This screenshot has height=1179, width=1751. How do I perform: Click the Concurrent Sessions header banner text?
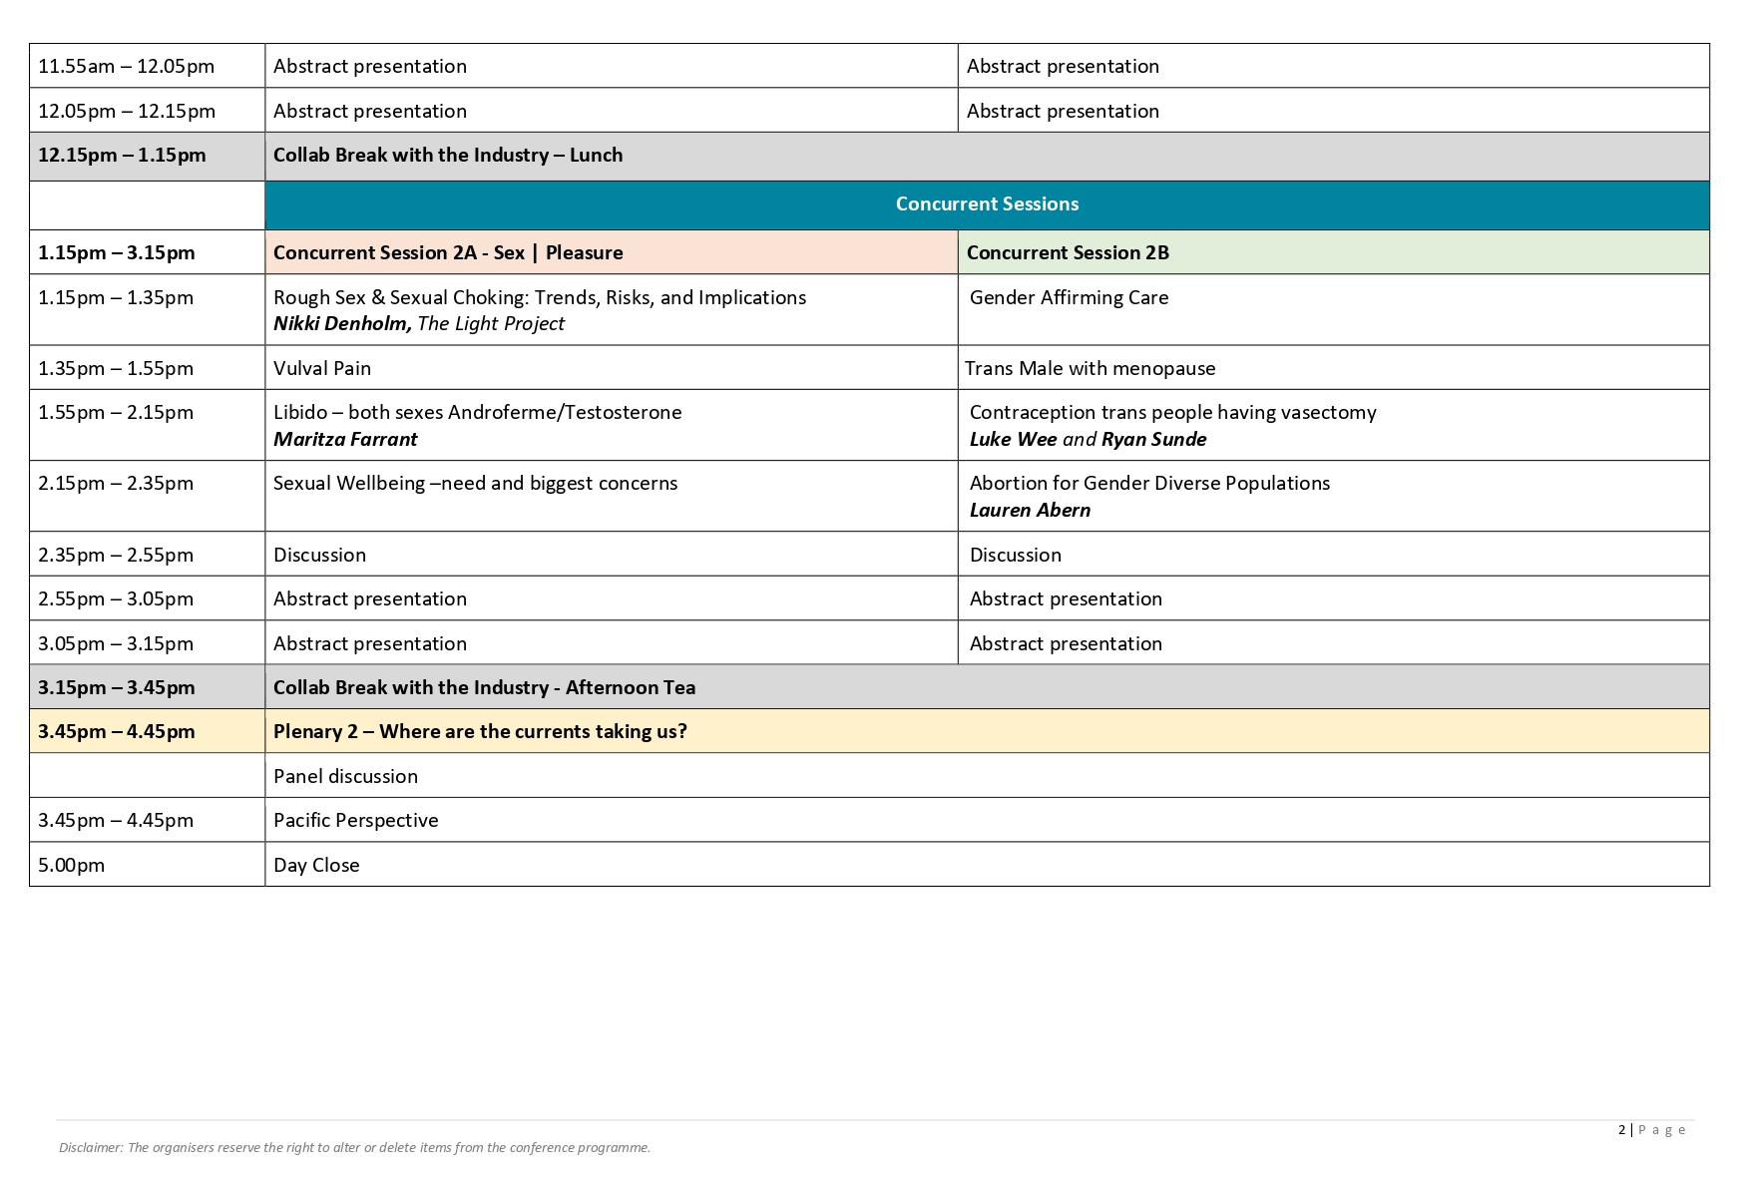pyautogui.click(x=987, y=204)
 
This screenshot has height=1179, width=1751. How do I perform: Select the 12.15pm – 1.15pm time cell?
pyautogui.click(x=122, y=156)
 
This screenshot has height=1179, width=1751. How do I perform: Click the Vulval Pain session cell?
pyautogui.click(x=322, y=368)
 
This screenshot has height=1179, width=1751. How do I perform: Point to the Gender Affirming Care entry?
pyautogui.click(x=1069, y=297)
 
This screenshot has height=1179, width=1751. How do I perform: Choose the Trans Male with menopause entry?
pyautogui.click(x=1090, y=368)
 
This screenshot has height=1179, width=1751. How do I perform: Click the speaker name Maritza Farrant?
pyautogui.click(x=345, y=440)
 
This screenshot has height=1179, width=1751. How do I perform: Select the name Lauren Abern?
pyautogui.click(x=1030, y=511)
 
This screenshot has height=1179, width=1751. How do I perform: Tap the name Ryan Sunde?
pyautogui.click(x=1153, y=440)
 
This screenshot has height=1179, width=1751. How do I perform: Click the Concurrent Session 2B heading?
pyautogui.click(x=1068, y=253)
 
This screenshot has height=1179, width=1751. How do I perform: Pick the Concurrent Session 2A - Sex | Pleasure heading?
pyautogui.click(x=448, y=253)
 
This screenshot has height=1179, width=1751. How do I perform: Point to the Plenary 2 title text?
pyautogui.click(x=480, y=732)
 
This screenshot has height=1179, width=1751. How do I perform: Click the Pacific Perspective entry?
pyautogui.click(x=356, y=821)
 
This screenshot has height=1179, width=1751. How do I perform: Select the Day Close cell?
pyautogui.click(x=316, y=866)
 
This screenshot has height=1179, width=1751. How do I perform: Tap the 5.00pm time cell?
pyautogui.click(x=71, y=866)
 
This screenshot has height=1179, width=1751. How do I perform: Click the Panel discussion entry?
pyautogui.click(x=345, y=777)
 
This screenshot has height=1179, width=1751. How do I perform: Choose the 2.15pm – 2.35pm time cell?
pyautogui.click(x=116, y=484)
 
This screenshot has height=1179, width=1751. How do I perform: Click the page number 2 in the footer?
pyautogui.click(x=1621, y=1130)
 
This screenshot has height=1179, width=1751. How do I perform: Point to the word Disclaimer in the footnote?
pyautogui.click(x=91, y=1148)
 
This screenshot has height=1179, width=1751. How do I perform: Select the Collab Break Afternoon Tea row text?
pyautogui.click(x=484, y=688)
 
